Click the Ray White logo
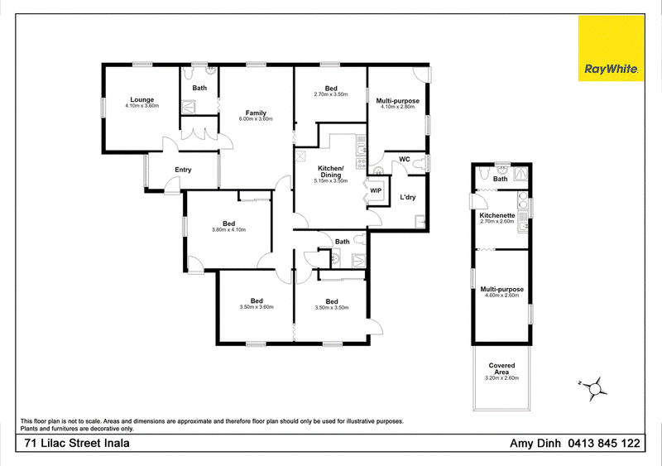[x=611, y=48]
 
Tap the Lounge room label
[x=142, y=100]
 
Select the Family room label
[x=256, y=113]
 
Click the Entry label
[x=183, y=170]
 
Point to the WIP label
[x=376, y=190]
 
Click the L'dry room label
[x=408, y=197]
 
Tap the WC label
[x=405, y=159]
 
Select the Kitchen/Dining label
[x=331, y=171]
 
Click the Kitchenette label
[x=497, y=215]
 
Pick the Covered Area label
[x=501, y=369]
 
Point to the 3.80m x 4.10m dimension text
[x=229, y=230]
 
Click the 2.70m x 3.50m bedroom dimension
[x=331, y=94]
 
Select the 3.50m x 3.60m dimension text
[x=257, y=307]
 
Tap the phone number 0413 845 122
[x=604, y=443]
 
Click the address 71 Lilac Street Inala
[x=77, y=443]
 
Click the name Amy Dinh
[x=535, y=443]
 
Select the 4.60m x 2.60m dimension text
[x=502, y=295]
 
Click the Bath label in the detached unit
[x=501, y=179]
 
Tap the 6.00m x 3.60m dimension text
[x=256, y=118]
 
